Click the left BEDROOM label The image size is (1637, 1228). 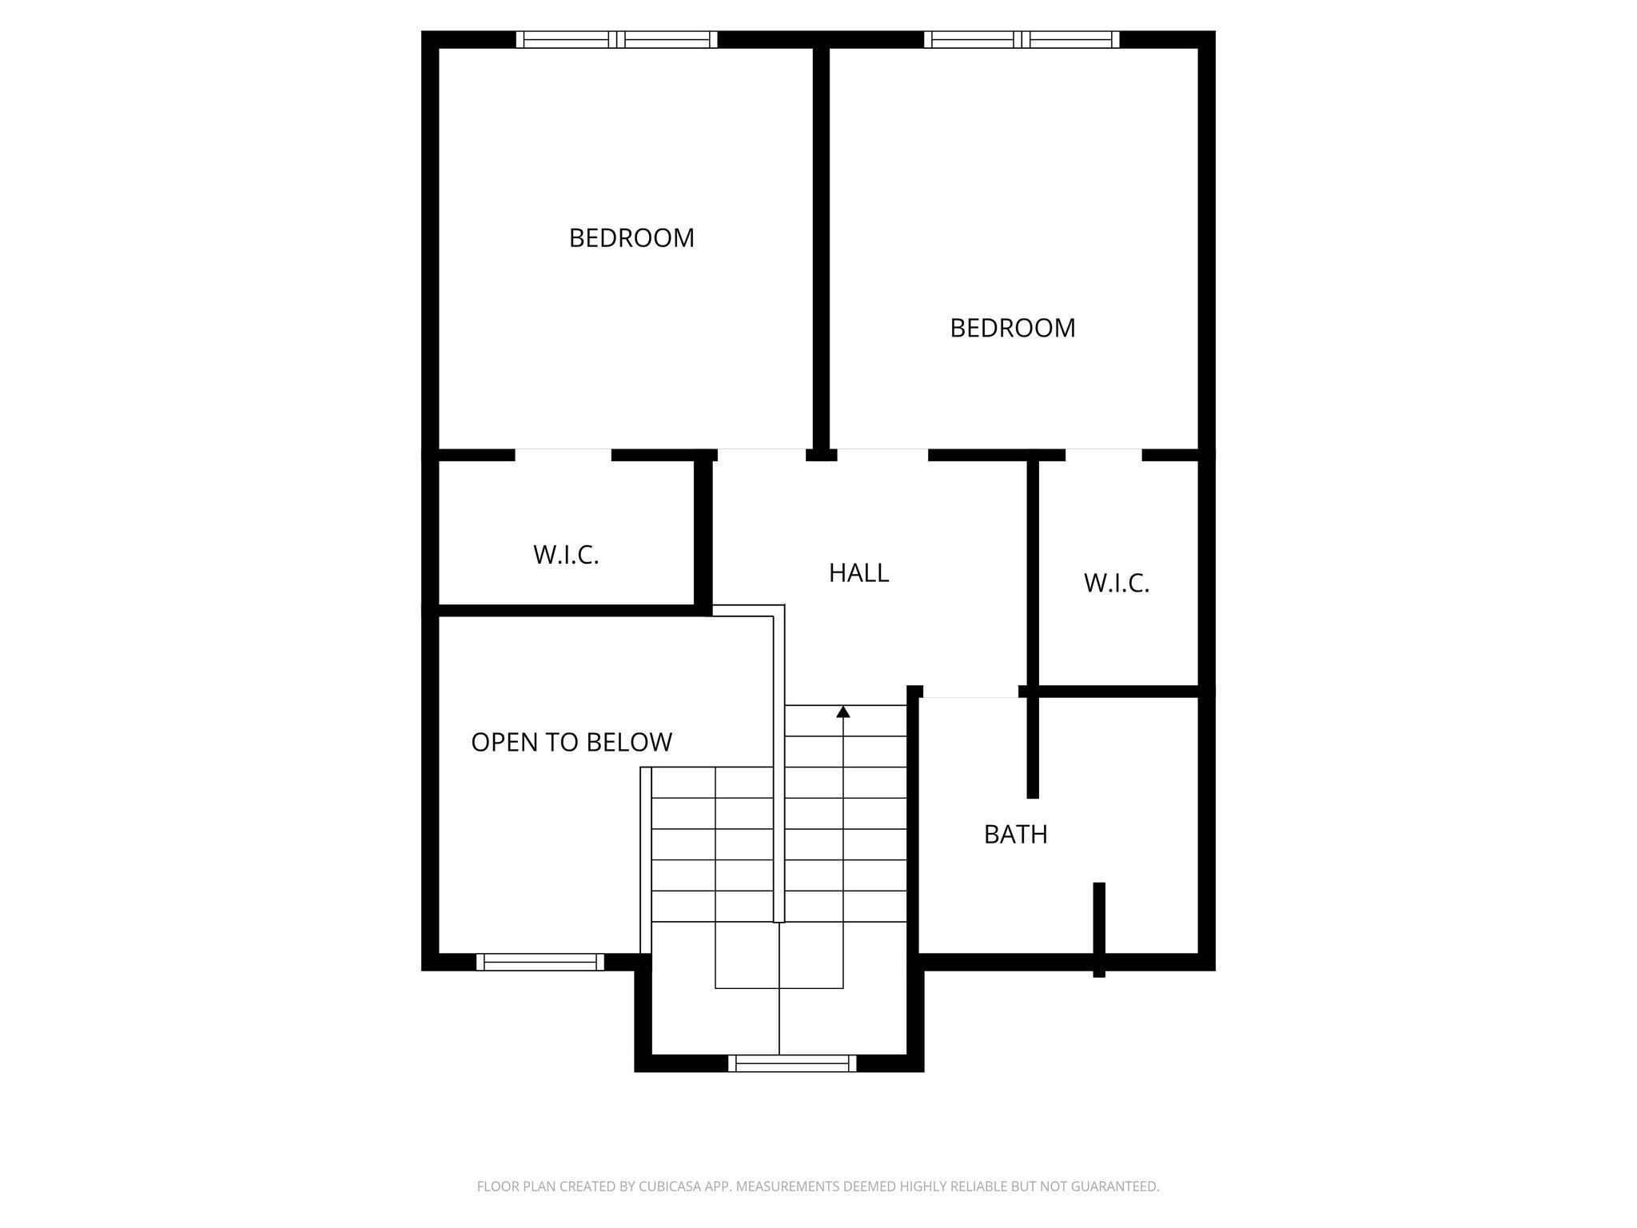(631, 238)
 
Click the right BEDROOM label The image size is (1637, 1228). (1012, 328)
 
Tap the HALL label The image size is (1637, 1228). (858, 573)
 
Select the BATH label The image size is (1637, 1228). (1015, 835)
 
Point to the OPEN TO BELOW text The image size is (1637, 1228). (572, 743)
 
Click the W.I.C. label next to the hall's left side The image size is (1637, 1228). (566, 555)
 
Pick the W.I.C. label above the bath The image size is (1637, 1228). (1116, 584)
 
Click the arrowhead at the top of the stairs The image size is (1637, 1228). (843, 712)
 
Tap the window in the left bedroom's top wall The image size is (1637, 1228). (616, 39)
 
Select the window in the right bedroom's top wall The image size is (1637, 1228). (1022, 39)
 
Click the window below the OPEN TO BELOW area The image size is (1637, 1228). (540, 962)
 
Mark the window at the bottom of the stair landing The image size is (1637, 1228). (792, 1063)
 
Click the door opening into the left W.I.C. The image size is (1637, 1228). (563, 455)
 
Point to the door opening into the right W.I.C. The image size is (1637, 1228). (1103, 455)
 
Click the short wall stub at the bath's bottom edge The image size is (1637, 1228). (1099, 927)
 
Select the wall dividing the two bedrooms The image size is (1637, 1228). (820, 248)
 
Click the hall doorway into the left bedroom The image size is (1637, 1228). (761, 455)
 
